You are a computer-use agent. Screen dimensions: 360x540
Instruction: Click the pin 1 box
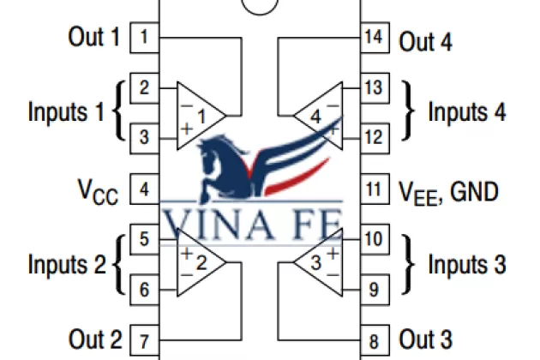pos(144,37)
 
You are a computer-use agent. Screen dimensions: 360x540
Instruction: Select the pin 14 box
pos(373,38)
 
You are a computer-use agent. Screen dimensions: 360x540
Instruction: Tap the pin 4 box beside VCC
pos(144,189)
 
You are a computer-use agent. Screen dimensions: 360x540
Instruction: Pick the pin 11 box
pos(373,189)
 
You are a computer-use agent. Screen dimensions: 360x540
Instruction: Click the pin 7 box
pos(144,339)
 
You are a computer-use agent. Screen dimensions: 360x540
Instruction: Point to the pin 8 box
pos(373,339)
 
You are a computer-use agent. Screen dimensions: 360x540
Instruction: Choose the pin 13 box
pos(373,87)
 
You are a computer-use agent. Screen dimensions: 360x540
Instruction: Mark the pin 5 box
pos(144,239)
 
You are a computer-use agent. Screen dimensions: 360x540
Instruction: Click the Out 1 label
pos(94,37)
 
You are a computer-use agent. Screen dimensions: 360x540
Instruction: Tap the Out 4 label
pos(426,40)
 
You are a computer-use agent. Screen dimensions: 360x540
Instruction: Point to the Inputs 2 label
pos(67,264)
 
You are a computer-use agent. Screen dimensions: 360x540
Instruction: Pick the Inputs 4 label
pos(466,112)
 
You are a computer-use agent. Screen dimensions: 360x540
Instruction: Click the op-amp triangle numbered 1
pos(200,113)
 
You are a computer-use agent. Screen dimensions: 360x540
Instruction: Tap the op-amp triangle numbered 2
pos(200,264)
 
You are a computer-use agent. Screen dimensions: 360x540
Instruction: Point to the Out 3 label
pos(426,339)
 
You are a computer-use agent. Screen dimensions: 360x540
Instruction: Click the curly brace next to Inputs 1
pos(120,111)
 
